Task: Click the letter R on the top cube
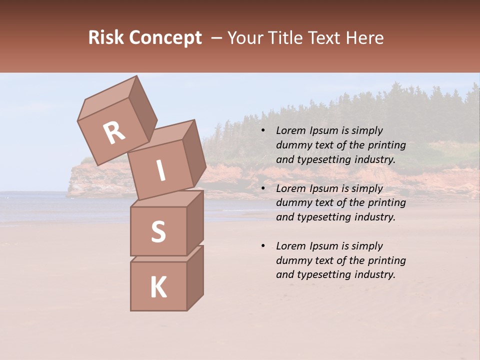[x=114, y=133]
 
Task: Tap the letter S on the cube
[x=158, y=232]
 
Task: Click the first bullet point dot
[x=263, y=131]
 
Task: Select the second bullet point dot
[x=263, y=189]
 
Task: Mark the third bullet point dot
[x=263, y=246]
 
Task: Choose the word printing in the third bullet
[x=386, y=260]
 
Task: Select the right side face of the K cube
[x=195, y=278]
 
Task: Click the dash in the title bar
[x=216, y=38]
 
